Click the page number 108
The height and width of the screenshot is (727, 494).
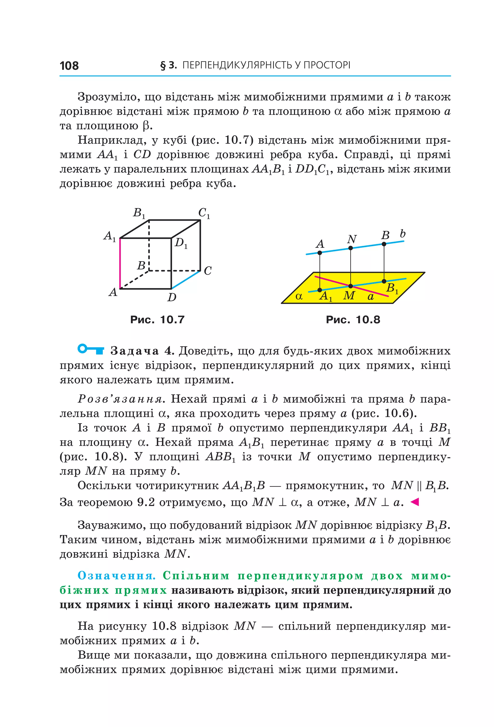pyautogui.click(x=69, y=66)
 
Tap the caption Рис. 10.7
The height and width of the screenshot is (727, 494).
pyautogui.click(x=157, y=320)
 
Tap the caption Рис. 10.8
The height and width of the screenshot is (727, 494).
pyautogui.click(x=353, y=320)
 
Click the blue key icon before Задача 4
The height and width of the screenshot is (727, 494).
pyautogui.click(x=90, y=349)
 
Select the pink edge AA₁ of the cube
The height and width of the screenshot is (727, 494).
pyautogui.click(x=120, y=263)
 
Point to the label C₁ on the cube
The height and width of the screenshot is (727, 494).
pyautogui.click(x=204, y=213)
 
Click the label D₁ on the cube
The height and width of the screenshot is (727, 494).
pyautogui.click(x=181, y=243)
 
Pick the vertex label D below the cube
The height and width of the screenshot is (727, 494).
pyautogui.click(x=172, y=297)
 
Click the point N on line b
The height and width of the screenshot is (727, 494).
pyautogui.click(x=350, y=248)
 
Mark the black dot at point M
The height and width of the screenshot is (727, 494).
pyautogui.click(x=350, y=286)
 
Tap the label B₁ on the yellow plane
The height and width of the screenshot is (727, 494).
pyautogui.click(x=392, y=288)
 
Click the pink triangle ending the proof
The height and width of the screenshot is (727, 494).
pyautogui.click(x=414, y=502)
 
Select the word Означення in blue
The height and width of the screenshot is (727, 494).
pyautogui.click(x=117, y=576)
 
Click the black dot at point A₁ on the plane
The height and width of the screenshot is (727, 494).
pyautogui.click(x=320, y=290)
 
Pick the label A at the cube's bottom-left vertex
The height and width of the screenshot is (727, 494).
pyautogui.click(x=113, y=292)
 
